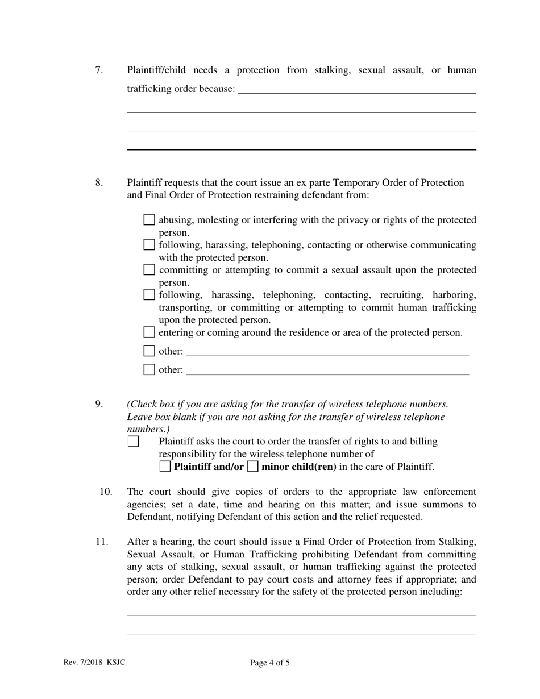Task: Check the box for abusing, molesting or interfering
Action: pyautogui.click(x=149, y=220)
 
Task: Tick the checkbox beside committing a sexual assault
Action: pyautogui.click(x=149, y=270)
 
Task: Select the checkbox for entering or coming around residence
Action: pyautogui.click(x=149, y=332)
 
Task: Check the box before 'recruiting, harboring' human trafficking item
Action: pyautogui.click(x=149, y=295)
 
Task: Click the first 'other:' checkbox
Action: pyautogui.click(x=149, y=351)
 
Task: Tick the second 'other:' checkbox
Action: pyautogui.click(x=149, y=370)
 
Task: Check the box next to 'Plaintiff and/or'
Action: pyautogui.click(x=165, y=467)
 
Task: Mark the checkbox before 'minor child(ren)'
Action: pyautogui.click(x=253, y=467)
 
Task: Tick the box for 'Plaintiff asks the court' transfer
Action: pyautogui.click(x=133, y=442)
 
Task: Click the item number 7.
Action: pyautogui.click(x=99, y=70)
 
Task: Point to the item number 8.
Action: pyautogui.click(x=99, y=183)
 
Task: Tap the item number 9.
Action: pyautogui.click(x=99, y=405)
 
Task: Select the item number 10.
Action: pyautogui.click(x=106, y=492)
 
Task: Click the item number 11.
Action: pyautogui.click(x=101, y=542)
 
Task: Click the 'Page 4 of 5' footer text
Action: pyautogui.click(x=269, y=663)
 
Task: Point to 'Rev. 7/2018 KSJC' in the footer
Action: pyautogui.click(x=94, y=663)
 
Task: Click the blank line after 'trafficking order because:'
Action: pyautogui.click(x=356, y=90)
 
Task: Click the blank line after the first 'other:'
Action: pyautogui.click(x=327, y=352)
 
